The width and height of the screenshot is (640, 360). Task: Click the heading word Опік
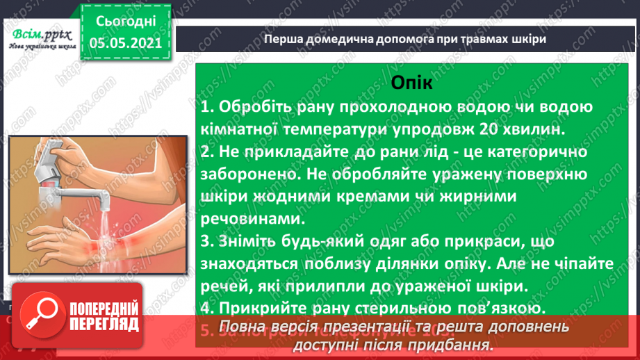[x=411, y=83]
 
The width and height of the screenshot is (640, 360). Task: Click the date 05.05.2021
[x=122, y=43]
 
